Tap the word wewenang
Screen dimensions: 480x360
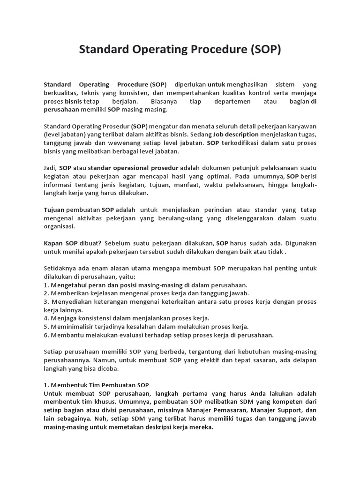point(127,143)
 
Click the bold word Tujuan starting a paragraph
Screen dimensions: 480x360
point(54,210)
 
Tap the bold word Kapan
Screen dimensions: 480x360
point(53,243)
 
